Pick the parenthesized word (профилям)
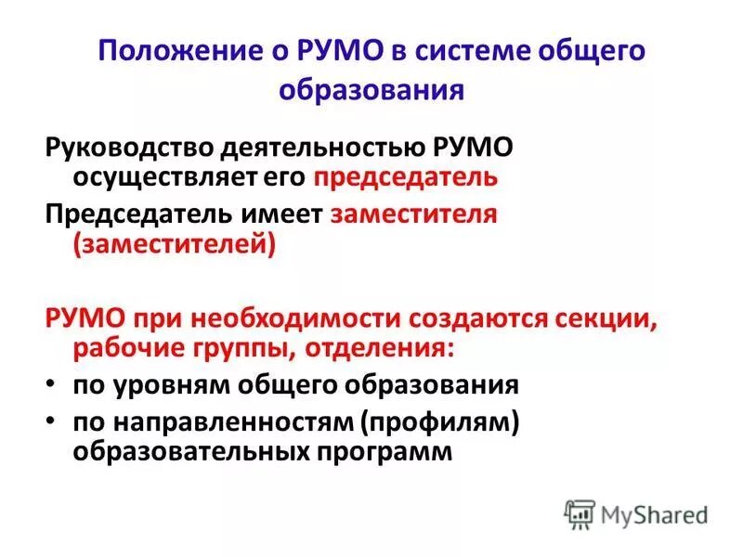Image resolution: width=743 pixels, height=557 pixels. pyautogui.click(x=441, y=421)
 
